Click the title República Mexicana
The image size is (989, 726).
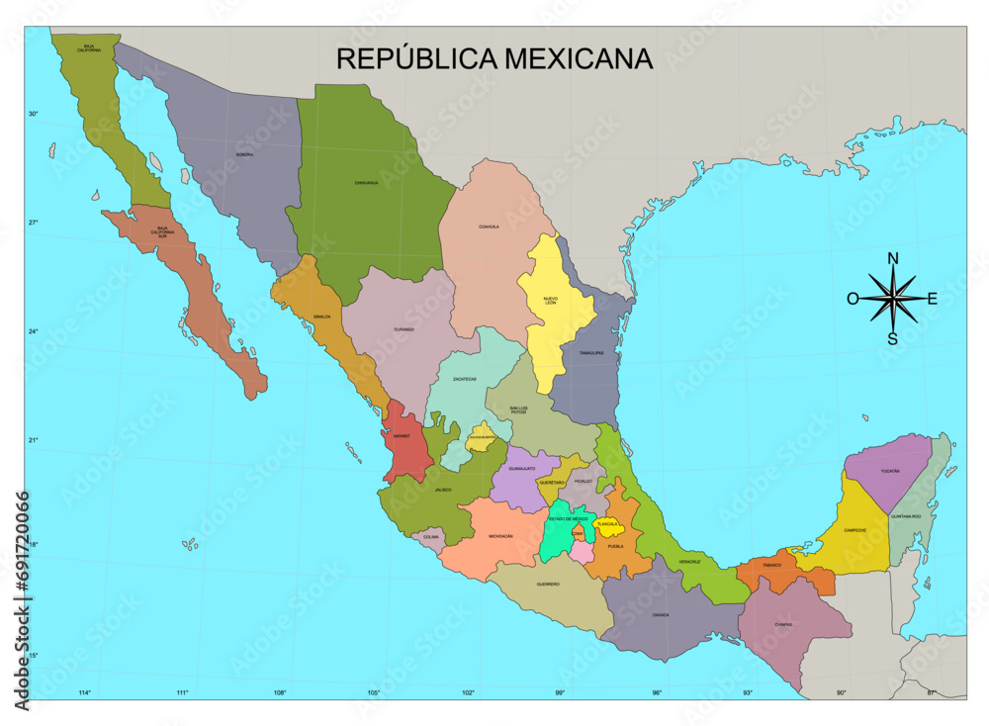(x=494, y=58)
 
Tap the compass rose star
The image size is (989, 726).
(x=893, y=298)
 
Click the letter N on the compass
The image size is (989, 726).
(x=893, y=259)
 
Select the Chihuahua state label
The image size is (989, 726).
(x=366, y=183)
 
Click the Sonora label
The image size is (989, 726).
(x=244, y=155)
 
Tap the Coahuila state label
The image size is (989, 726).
(x=489, y=227)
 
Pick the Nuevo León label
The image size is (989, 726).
(x=551, y=300)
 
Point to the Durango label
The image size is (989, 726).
(x=404, y=328)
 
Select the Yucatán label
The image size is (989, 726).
(x=890, y=471)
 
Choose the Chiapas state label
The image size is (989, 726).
(x=783, y=624)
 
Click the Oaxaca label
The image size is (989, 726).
(x=661, y=614)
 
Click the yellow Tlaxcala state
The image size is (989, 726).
(x=606, y=524)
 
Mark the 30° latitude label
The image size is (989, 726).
(x=33, y=114)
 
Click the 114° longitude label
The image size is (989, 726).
(x=85, y=692)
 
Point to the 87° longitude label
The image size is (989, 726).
(x=932, y=692)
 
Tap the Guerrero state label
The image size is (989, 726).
(x=548, y=584)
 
